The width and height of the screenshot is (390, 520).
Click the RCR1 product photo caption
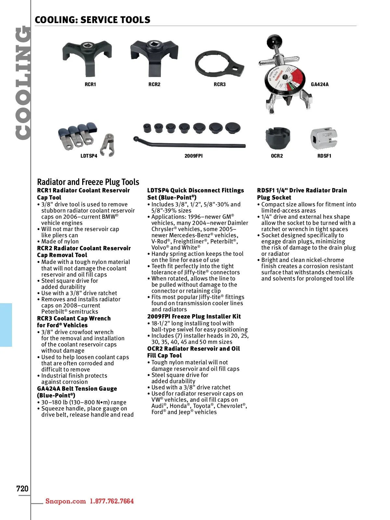click(x=90, y=84)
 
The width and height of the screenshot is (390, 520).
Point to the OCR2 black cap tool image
click(x=277, y=138)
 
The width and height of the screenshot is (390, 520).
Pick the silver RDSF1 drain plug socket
click(x=324, y=138)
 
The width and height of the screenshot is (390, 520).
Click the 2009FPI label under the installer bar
click(x=193, y=156)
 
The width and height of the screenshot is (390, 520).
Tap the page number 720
click(x=22, y=488)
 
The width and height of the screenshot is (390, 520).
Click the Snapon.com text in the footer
click(x=66, y=501)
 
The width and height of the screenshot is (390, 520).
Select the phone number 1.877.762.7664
click(x=112, y=501)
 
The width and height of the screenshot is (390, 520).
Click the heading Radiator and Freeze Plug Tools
click(x=88, y=182)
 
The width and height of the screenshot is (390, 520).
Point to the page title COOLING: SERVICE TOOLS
click(x=93, y=20)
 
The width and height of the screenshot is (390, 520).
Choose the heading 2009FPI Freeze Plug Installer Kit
click(x=194, y=317)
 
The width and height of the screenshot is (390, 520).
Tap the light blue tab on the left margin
click(x=6, y=325)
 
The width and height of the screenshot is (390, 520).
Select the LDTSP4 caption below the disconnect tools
click(x=89, y=156)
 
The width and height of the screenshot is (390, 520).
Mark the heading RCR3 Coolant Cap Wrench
click(x=74, y=318)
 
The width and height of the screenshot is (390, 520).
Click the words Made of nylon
click(x=60, y=241)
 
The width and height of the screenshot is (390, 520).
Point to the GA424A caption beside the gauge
click(x=320, y=84)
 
